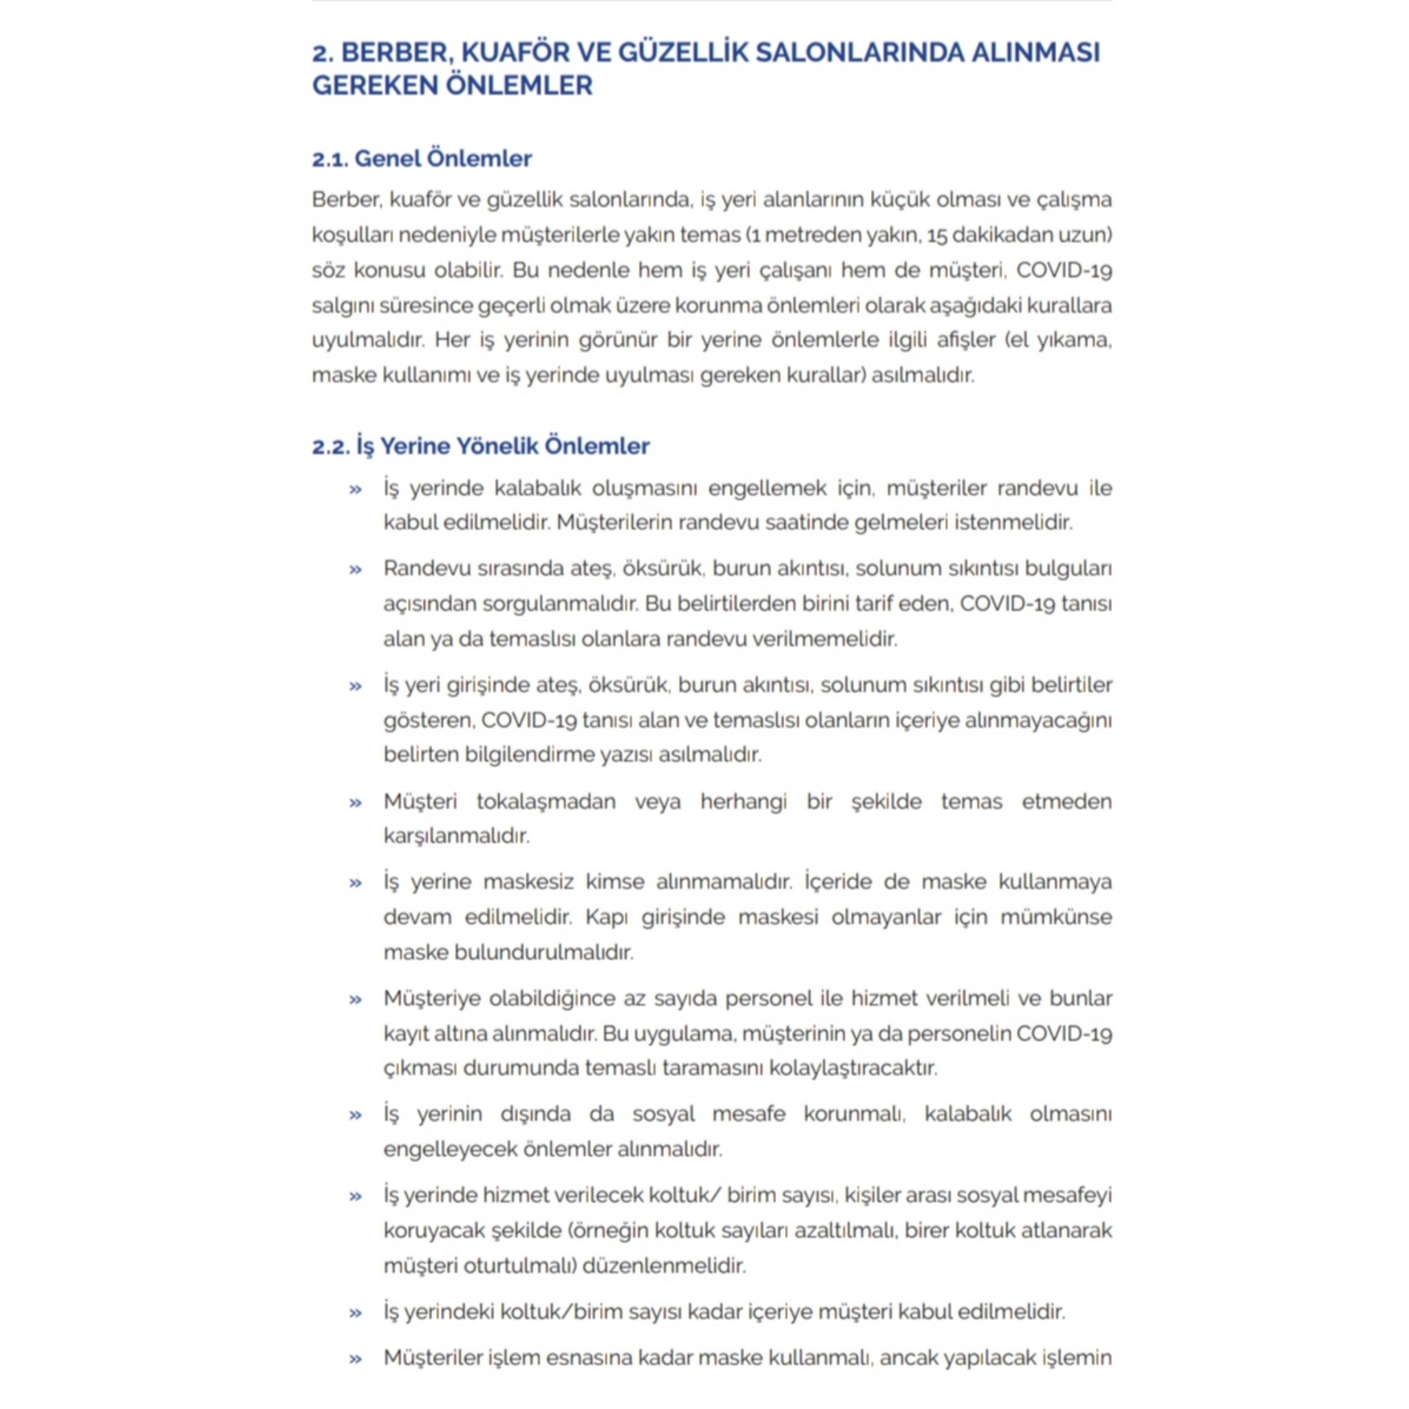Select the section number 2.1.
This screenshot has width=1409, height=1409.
click(x=330, y=159)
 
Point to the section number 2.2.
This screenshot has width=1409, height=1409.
click(x=331, y=447)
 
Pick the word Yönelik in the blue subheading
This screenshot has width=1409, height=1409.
click(x=495, y=447)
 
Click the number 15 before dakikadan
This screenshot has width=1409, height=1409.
click(x=936, y=235)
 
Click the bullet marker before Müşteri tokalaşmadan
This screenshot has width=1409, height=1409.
click(x=356, y=803)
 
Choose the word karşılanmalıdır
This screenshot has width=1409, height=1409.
click(x=456, y=836)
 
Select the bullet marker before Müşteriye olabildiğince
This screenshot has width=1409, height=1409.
click(x=356, y=999)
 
